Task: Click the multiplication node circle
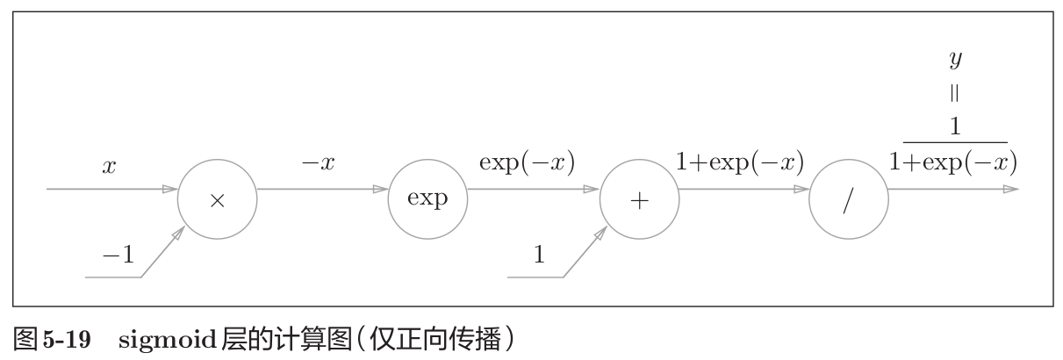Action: coord(218,198)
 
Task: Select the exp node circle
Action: coord(428,198)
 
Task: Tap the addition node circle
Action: coord(639,198)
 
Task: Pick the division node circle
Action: coord(849,198)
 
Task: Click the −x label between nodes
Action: coord(318,164)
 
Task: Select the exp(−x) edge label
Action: coord(527,164)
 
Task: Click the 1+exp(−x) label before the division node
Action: coord(740,164)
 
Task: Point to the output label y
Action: coord(955,60)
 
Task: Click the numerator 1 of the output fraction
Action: coord(955,126)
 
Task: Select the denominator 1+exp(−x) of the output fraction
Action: coord(954,162)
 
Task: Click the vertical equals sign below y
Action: coord(955,92)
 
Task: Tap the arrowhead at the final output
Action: coord(1010,189)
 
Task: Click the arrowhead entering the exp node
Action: coord(380,189)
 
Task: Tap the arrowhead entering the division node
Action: coord(801,189)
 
